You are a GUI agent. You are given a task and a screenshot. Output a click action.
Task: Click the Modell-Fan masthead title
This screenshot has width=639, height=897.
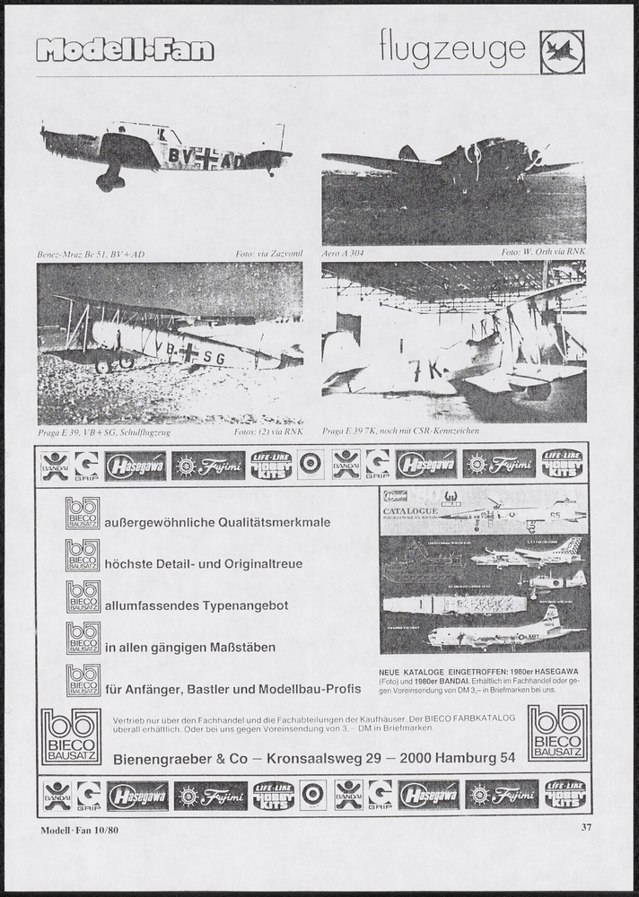click(x=126, y=49)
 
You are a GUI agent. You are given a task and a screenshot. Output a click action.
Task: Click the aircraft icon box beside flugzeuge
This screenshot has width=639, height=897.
click(x=562, y=52)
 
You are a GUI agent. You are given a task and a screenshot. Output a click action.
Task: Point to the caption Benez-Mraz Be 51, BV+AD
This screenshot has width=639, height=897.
click(x=91, y=255)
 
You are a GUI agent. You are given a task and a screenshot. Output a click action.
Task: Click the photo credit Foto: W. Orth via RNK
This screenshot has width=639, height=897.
click(x=543, y=255)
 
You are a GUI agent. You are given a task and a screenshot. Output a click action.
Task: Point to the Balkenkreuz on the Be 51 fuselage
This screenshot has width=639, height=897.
click(x=207, y=160)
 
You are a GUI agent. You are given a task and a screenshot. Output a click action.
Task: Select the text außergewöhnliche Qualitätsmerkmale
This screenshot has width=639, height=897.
click(x=217, y=522)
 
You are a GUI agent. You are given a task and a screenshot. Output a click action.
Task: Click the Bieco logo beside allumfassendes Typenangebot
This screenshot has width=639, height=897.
click(x=83, y=597)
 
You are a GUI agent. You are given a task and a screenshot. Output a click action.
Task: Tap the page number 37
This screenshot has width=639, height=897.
click(x=587, y=828)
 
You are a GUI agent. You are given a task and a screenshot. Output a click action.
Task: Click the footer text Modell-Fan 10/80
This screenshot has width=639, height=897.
click(x=79, y=830)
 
